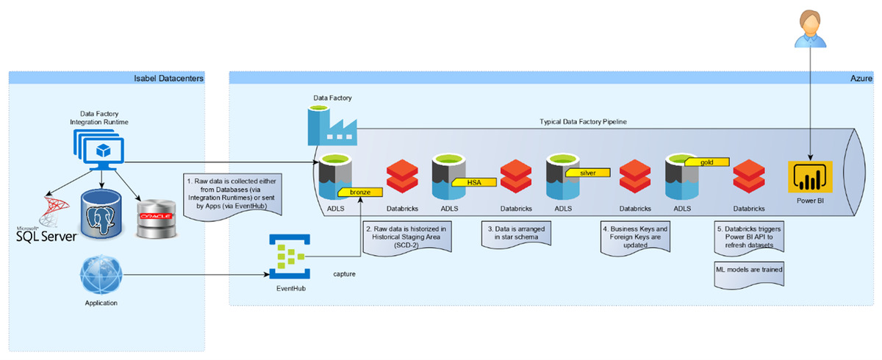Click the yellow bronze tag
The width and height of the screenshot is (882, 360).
tap(360, 192)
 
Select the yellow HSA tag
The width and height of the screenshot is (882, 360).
tap(473, 182)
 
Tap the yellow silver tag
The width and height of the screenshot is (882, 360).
tap(588, 173)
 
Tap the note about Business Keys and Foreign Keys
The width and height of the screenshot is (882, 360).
tap(633, 237)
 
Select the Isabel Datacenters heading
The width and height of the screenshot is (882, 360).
tap(168, 78)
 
